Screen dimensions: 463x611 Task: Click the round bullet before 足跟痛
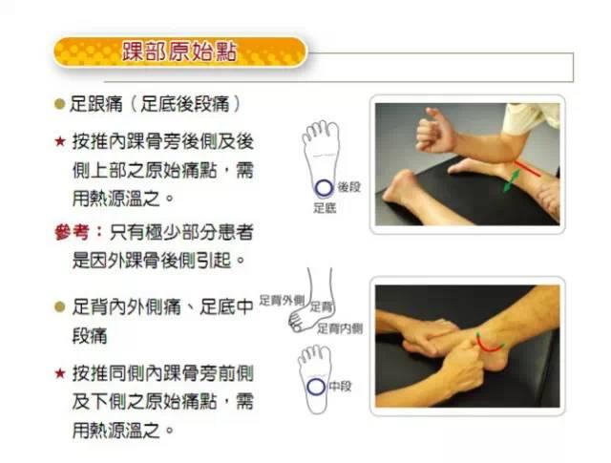[59, 102]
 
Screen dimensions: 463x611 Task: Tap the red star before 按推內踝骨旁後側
[59, 141]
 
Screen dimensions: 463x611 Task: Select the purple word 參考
[74, 232]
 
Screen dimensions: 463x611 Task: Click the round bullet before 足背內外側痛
[59, 306]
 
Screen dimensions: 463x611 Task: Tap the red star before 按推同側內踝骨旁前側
[59, 371]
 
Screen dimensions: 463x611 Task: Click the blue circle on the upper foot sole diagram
[324, 187]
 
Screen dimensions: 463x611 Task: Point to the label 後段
[348, 187]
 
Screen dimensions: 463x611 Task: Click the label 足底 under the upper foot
[324, 207]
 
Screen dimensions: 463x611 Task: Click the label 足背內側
[340, 327]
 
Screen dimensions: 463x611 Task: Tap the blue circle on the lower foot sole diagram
[315, 388]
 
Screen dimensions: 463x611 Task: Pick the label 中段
[340, 388]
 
